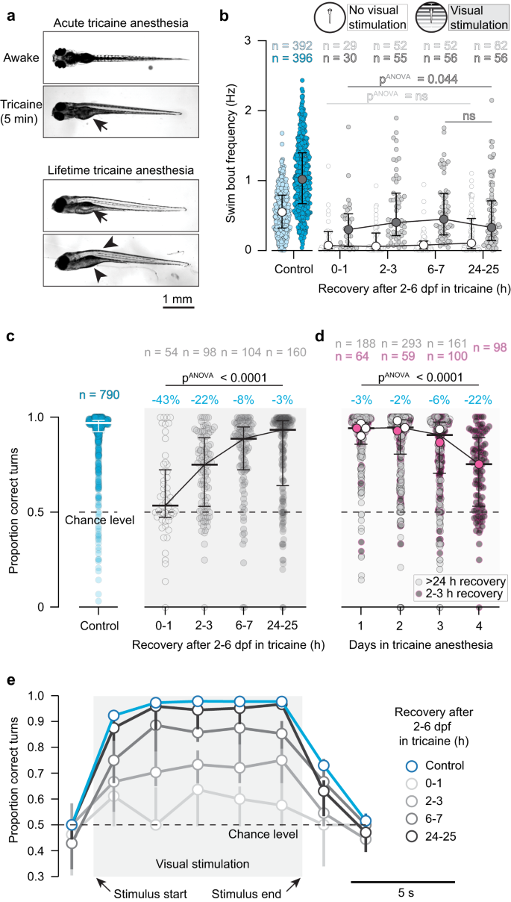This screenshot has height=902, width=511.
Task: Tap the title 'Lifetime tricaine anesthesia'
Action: coord(125,169)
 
